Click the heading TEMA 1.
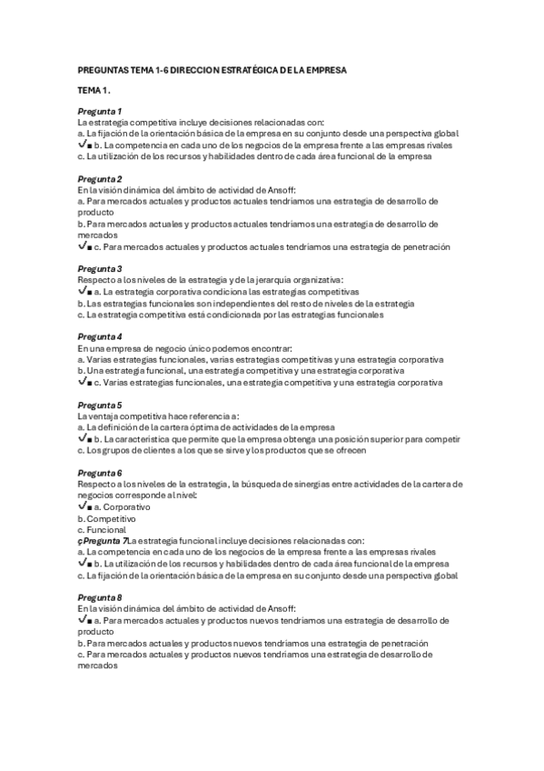click(x=94, y=91)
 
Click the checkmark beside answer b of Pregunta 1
click(x=83, y=145)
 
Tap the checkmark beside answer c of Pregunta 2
click(x=83, y=246)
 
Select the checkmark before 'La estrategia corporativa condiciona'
click(x=83, y=292)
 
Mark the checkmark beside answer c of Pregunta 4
click(x=83, y=382)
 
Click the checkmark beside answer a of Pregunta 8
click(x=83, y=618)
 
